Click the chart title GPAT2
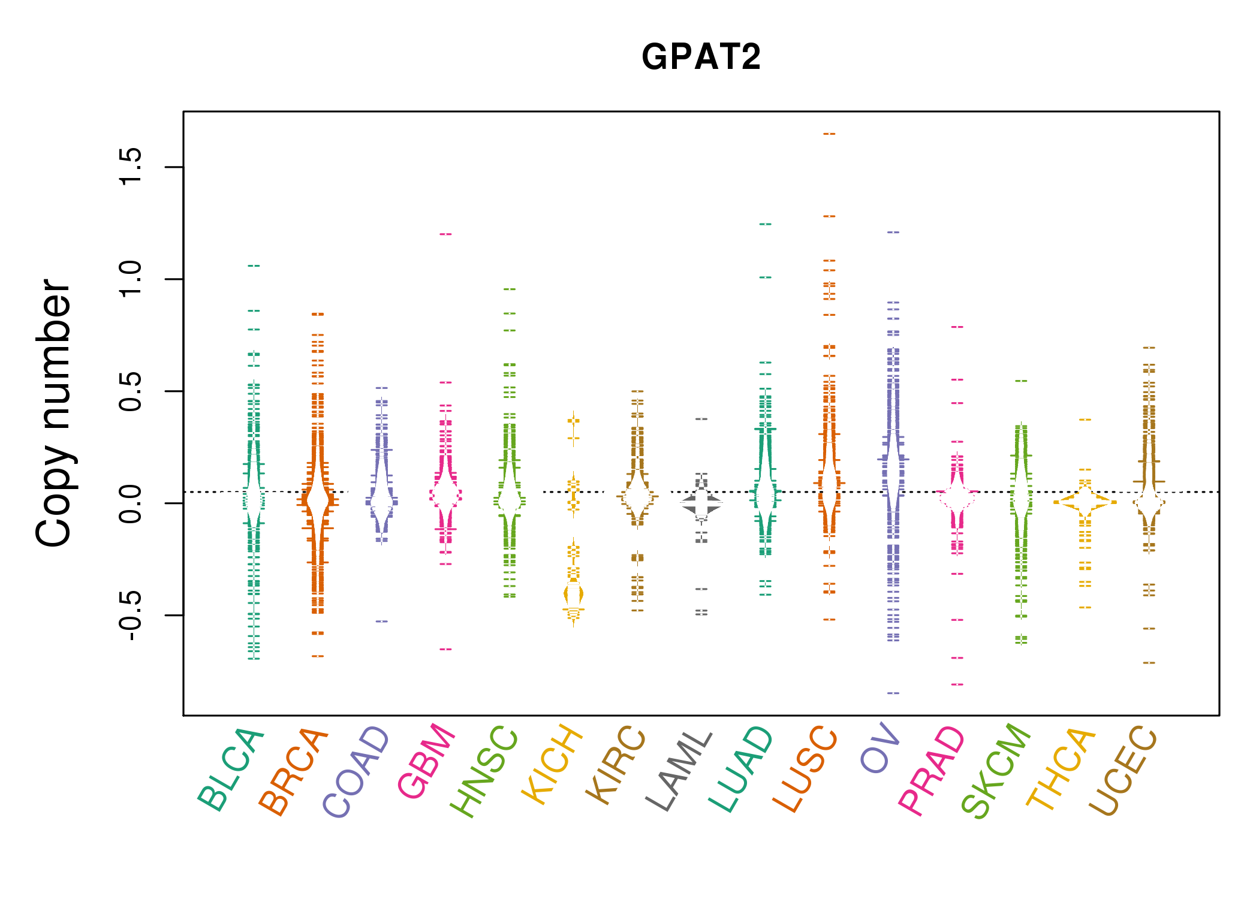(701, 58)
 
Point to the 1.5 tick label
(130, 167)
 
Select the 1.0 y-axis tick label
(130, 279)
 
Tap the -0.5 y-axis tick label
(130, 615)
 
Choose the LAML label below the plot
(679, 771)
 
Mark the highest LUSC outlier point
(829, 134)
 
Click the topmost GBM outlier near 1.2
(445, 234)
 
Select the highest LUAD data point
(766, 224)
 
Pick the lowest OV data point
(893, 693)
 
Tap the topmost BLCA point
(254, 266)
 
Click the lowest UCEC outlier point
(1149, 663)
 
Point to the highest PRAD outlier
(957, 327)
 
